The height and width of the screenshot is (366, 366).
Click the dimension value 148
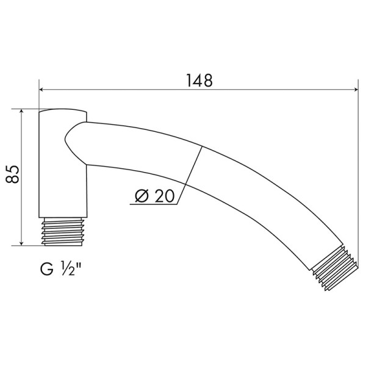point(198,80)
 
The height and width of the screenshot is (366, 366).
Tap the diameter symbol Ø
point(140,196)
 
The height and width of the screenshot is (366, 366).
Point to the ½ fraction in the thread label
point(66,269)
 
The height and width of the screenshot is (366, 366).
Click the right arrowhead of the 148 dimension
point(354,90)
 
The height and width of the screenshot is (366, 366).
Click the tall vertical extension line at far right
point(358,183)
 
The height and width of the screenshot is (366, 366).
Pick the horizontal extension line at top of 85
point(27,110)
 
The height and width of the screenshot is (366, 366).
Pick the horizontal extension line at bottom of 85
point(27,246)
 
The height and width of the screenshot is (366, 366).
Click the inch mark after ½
point(79,265)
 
